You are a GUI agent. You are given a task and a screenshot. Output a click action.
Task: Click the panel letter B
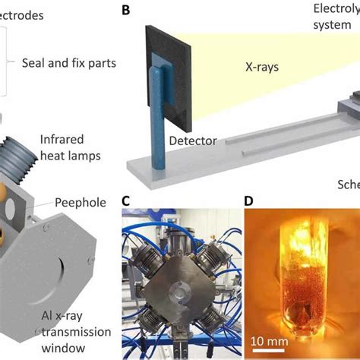click(127, 11)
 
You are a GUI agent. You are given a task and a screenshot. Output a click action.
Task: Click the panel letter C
click(127, 201)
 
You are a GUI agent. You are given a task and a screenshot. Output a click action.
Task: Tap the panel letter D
click(250, 201)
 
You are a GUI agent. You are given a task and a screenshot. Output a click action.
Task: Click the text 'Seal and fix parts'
click(68, 64)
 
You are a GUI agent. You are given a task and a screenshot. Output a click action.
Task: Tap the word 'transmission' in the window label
click(75, 331)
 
